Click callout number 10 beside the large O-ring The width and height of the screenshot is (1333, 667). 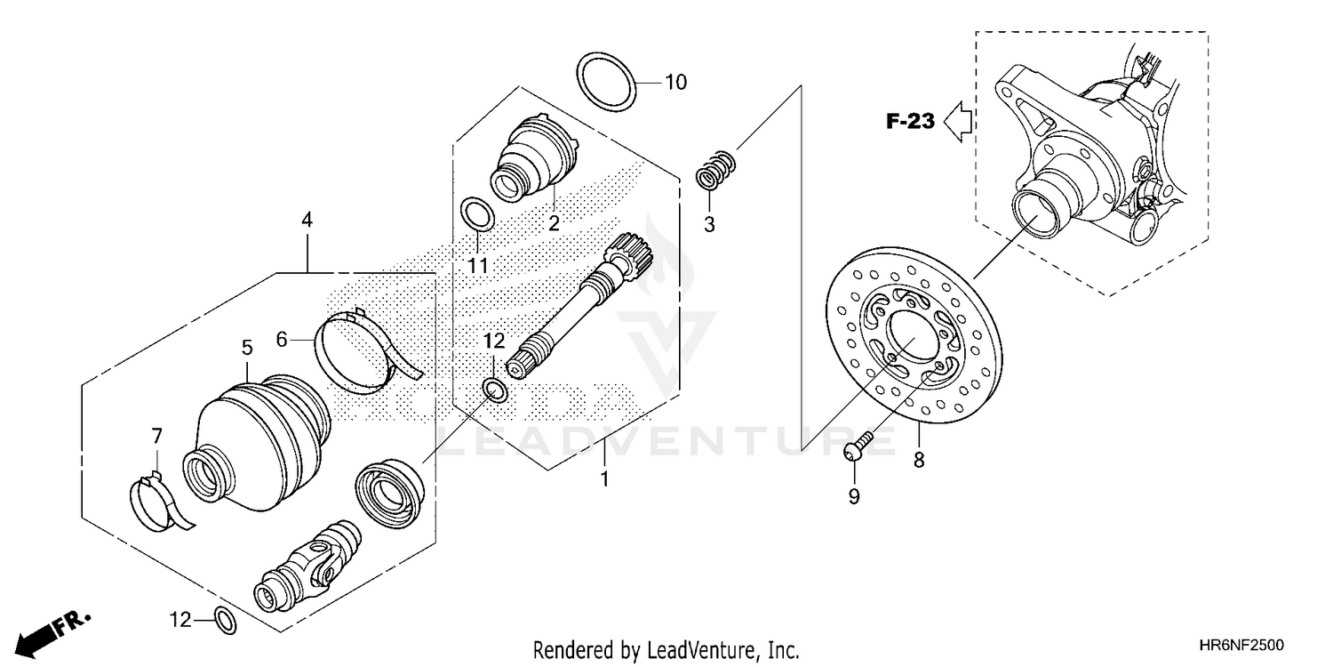click(x=675, y=83)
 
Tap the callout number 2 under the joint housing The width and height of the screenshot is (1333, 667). click(x=554, y=223)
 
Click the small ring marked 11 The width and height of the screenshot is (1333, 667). click(x=477, y=214)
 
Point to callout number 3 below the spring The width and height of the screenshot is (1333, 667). click(x=709, y=224)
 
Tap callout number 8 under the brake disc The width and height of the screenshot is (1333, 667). click(x=919, y=460)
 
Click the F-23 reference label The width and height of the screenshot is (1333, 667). click(x=910, y=121)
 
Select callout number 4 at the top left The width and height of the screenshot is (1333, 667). click(x=307, y=219)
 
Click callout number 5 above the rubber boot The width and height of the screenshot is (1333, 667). click(x=247, y=348)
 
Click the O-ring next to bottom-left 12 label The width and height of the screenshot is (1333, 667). click(x=226, y=621)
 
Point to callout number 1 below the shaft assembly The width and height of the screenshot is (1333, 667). click(x=604, y=479)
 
